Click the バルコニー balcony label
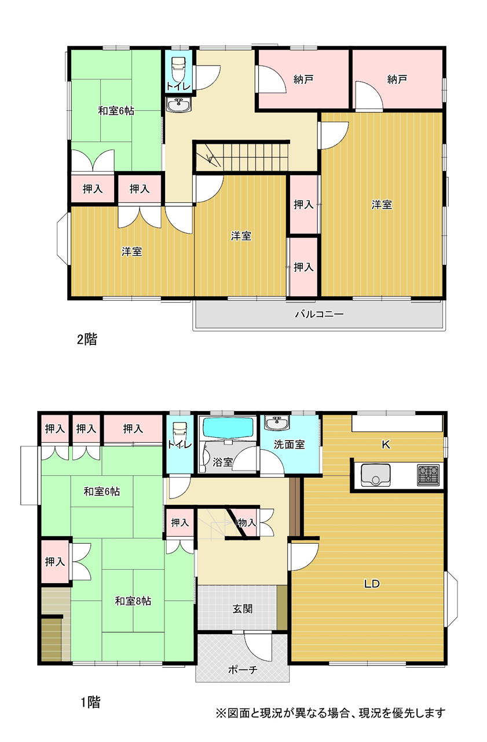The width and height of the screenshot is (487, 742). tap(319, 314)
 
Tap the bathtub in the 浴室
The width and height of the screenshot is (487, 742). tap(229, 428)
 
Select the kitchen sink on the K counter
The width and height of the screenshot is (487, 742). tap(375, 475)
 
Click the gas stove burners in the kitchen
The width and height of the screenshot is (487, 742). tap(429, 475)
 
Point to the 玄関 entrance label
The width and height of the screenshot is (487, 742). tap(243, 609)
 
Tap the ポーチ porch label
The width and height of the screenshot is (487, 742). tap(243, 670)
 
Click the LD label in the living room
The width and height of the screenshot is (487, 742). tap(372, 584)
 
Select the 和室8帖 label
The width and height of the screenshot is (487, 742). tap(133, 601)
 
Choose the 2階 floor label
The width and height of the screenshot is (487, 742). tap(87, 340)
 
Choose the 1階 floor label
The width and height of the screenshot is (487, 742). tap(91, 702)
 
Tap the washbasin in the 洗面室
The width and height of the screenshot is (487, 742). tap(277, 422)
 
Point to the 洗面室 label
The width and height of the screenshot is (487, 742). tap(289, 445)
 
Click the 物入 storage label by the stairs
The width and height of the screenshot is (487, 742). tap(247, 523)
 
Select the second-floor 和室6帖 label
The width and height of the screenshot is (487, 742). tap(116, 111)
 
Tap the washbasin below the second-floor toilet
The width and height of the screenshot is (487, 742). tap(179, 105)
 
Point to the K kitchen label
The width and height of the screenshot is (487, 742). tap(386, 445)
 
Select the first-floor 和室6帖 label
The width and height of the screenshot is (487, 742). tap(102, 491)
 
